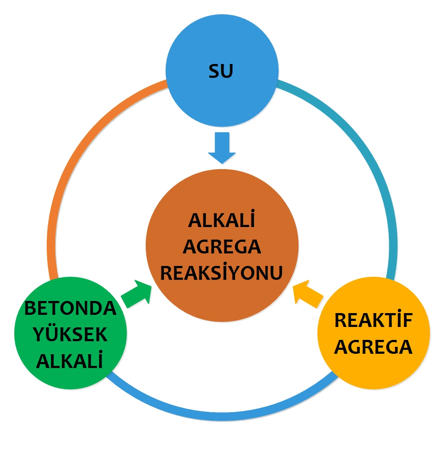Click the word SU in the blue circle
(x=221, y=71)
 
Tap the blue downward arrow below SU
(x=222, y=148)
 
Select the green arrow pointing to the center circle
(x=137, y=294)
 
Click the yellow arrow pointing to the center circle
(x=308, y=294)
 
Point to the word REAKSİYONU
(x=221, y=272)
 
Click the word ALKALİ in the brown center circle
(x=221, y=219)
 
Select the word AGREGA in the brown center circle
(x=222, y=247)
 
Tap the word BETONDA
(x=70, y=308)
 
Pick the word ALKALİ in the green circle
(x=70, y=359)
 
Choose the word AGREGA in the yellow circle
(x=373, y=347)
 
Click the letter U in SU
(x=227, y=71)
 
